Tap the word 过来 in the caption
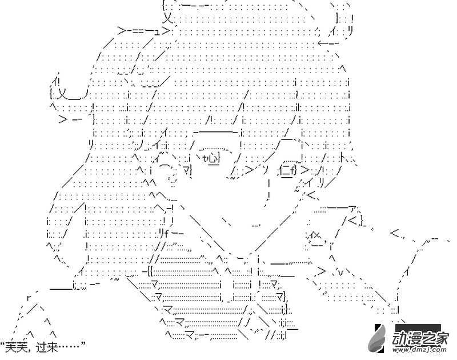click(47, 347)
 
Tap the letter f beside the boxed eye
click(293, 170)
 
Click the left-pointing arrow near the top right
click(328, 43)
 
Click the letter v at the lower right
click(341, 273)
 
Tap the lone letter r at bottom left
click(29, 298)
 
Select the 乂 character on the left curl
click(63, 94)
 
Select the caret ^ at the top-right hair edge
click(342, 68)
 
